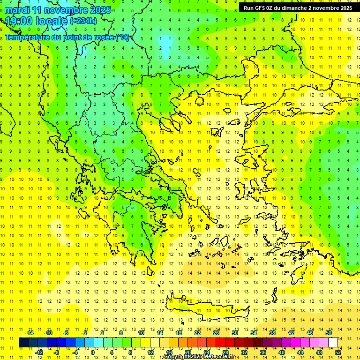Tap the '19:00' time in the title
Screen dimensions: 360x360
click(19, 21)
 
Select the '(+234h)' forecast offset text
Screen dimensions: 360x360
click(83, 21)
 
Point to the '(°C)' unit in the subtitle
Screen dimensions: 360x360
click(122, 37)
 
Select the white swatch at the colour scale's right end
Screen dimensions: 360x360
click(333, 343)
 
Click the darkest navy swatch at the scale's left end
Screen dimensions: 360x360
click(23, 343)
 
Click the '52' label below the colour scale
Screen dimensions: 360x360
click(338, 352)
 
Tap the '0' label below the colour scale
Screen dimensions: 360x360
click(93, 352)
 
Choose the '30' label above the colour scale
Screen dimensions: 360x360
click(235, 333)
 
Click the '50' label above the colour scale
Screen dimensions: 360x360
click(329, 333)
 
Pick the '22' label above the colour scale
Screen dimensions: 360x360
click(197, 333)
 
